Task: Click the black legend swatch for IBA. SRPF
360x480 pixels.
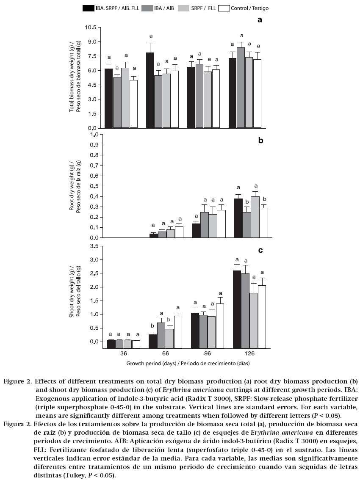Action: (x=89, y=8)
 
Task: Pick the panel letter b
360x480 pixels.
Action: (x=260, y=141)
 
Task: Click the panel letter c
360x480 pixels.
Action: (x=260, y=250)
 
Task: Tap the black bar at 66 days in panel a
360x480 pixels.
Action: (x=150, y=90)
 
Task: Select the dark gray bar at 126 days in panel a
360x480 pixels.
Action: (x=241, y=88)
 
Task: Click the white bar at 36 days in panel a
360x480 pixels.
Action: (x=134, y=104)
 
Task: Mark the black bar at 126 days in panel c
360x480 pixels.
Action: (x=233, y=309)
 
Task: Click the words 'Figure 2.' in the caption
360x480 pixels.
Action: (x=17, y=381)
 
